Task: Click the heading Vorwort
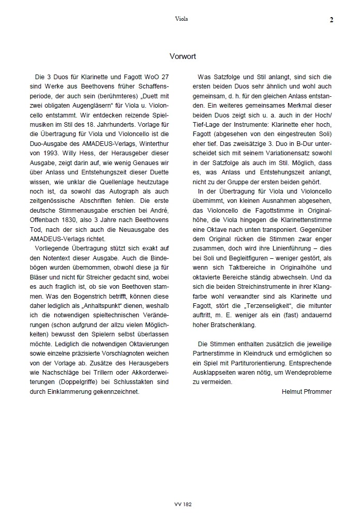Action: [x=182, y=56]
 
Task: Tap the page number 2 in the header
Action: [x=332, y=20]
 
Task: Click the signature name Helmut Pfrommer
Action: [x=307, y=392]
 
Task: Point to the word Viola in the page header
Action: [x=182, y=19]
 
